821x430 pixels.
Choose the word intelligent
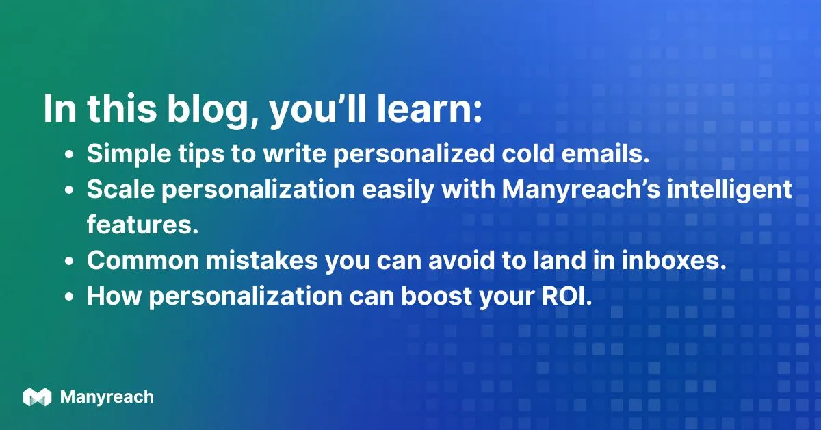coord(731,190)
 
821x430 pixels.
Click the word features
coord(142,225)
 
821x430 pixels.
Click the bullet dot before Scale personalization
coord(69,191)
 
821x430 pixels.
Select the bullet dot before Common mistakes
coord(69,262)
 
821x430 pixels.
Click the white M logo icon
coord(37,397)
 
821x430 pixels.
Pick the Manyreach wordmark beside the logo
coord(107,397)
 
